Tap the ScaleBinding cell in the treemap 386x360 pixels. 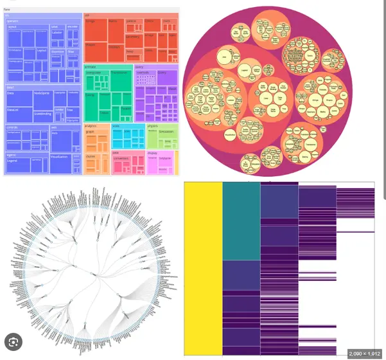coord(43,114)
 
